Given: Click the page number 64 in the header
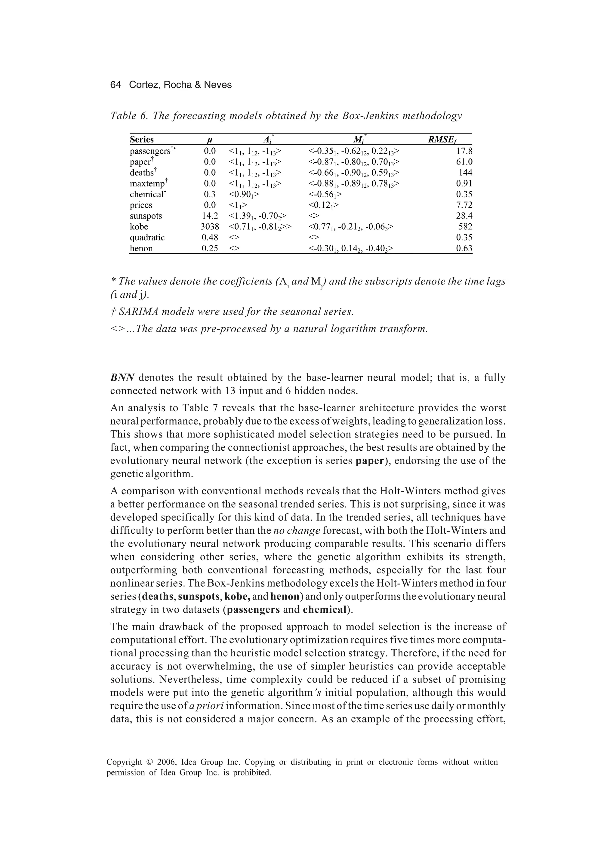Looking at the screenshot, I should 115,85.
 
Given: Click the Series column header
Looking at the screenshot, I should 142,140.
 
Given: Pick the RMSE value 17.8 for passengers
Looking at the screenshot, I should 464,151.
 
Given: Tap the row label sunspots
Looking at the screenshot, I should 146,216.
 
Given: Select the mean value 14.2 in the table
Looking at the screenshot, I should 210,216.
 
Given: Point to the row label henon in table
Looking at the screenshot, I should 141,249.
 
